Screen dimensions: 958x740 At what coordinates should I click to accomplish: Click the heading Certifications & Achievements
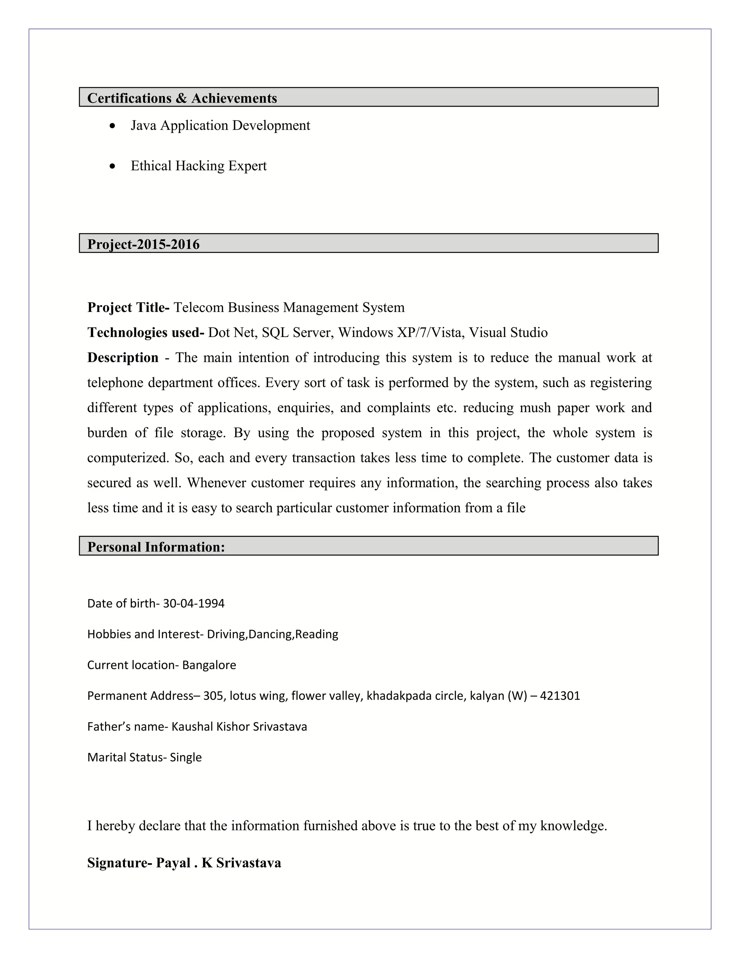pyautogui.click(x=182, y=98)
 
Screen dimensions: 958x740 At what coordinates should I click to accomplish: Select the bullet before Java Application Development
pyautogui.click(x=113, y=126)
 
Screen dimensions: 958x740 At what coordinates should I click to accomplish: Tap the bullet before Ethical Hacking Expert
pyautogui.click(x=113, y=166)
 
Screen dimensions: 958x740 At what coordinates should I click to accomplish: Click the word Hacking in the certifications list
pyautogui.click(x=200, y=166)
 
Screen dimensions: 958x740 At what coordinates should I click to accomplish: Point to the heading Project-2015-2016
pyautogui.click(x=143, y=244)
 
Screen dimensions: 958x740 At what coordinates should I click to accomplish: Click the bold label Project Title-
pyautogui.click(x=128, y=308)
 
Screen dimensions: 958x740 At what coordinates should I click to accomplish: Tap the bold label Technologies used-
pyautogui.click(x=146, y=333)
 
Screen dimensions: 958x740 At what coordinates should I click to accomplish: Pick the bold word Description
pyautogui.click(x=123, y=358)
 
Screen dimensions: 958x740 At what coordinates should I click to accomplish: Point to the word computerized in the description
pyautogui.click(x=128, y=458)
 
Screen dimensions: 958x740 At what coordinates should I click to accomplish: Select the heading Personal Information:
pyautogui.click(x=156, y=547)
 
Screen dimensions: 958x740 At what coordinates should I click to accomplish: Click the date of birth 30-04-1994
pyautogui.click(x=193, y=604)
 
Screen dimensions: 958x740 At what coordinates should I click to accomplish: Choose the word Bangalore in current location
pyautogui.click(x=209, y=665)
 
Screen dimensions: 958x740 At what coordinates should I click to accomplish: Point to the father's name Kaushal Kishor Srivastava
pyautogui.click(x=239, y=726)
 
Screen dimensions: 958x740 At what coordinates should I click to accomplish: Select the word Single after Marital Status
pyautogui.click(x=185, y=757)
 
